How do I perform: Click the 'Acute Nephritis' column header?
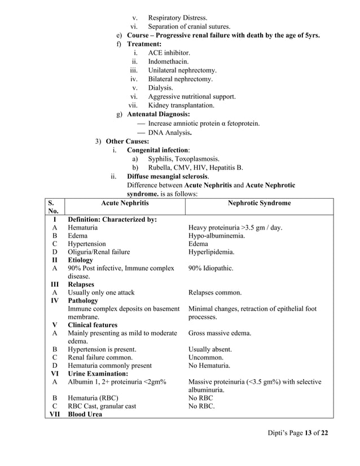click(124, 203)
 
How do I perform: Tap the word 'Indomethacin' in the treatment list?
click(168, 61)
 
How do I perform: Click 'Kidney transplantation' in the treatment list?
click(181, 105)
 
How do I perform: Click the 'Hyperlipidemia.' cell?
click(212, 252)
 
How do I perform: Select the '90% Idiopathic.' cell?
click(211, 269)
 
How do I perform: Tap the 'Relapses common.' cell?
click(214, 293)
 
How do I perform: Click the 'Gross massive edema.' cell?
click(219, 333)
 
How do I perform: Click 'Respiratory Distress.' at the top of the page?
click(177, 18)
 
